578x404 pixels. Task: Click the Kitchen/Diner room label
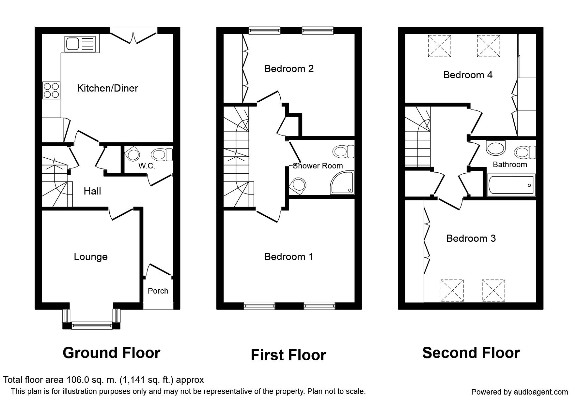pyautogui.click(x=107, y=88)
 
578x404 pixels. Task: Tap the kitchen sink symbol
pyautogui.click(x=80, y=44)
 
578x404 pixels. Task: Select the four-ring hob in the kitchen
pyautogui.click(x=52, y=90)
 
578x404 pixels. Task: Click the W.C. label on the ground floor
pyautogui.click(x=147, y=166)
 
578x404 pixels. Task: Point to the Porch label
pyautogui.click(x=158, y=291)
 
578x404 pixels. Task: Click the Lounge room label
pyautogui.click(x=91, y=257)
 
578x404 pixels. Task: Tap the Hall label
pyautogui.click(x=92, y=191)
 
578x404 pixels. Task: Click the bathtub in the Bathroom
pyautogui.click(x=511, y=185)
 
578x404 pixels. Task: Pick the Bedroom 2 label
pyautogui.click(x=289, y=69)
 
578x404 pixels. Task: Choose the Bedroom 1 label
pyautogui.click(x=289, y=257)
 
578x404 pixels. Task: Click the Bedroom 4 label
pyautogui.click(x=468, y=75)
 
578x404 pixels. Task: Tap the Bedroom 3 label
pyautogui.click(x=471, y=238)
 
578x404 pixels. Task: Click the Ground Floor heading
pyautogui.click(x=111, y=353)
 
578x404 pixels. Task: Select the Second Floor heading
pyautogui.click(x=471, y=353)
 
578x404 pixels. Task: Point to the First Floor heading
pyautogui.click(x=289, y=355)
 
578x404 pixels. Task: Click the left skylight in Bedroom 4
pyautogui.click(x=439, y=46)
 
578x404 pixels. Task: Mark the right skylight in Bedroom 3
pyautogui.click(x=493, y=291)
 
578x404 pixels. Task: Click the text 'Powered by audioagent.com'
pyautogui.click(x=520, y=392)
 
